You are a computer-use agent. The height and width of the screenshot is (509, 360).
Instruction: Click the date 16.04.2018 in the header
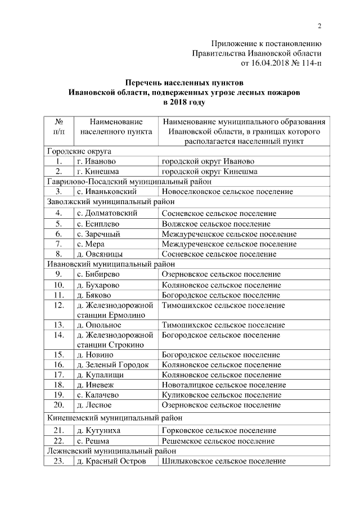coord(266,63)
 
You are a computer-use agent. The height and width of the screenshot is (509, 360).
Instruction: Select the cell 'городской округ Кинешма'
coord(209,171)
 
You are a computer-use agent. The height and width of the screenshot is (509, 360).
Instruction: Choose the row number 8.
coord(58,254)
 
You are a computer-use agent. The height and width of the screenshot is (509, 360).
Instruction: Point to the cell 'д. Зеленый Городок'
coord(112,364)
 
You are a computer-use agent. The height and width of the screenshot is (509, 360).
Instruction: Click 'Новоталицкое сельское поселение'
coord(223,385)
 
